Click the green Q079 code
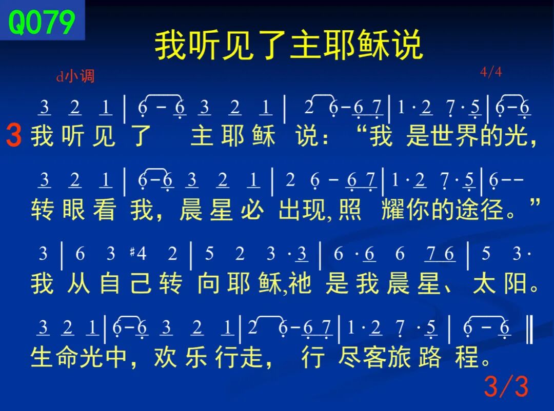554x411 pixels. pos(42,22)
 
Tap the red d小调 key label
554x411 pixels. pos(75,76)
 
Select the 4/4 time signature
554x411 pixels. pos(491,72)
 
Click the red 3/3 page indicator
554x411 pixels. pos(506,386)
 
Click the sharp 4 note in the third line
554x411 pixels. pos(138,253)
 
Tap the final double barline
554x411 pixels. pos(529,330)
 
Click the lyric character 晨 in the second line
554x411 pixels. pos(191,210)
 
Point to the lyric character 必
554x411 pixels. pos(252,210)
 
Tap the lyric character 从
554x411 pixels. pos(79,283)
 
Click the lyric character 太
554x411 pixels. pos(484,283)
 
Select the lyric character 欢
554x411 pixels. pos(165,357)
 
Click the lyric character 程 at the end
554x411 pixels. pos(466,357)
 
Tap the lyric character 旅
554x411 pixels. pos(399,357)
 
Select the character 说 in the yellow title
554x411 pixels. pos(408,45)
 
